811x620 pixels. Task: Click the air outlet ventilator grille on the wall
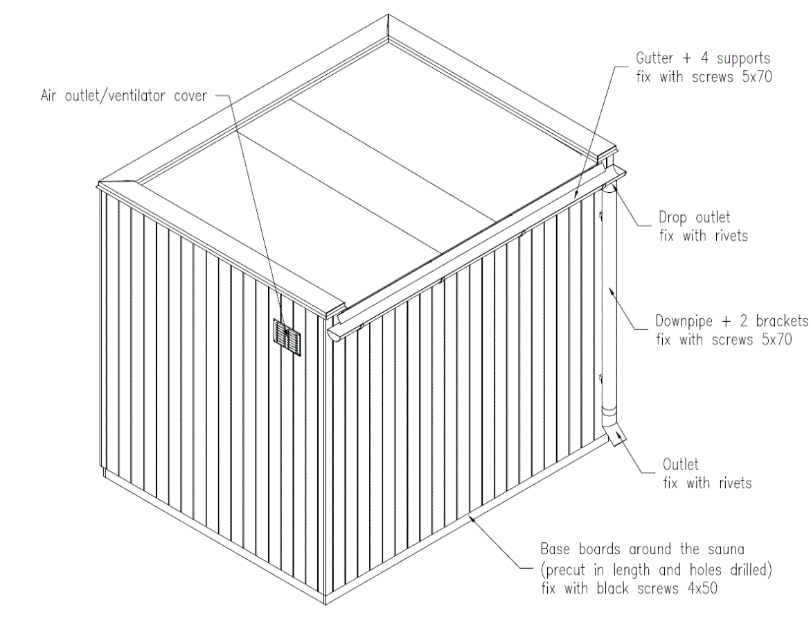[287, 337]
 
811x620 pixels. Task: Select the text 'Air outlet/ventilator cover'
[123, 96]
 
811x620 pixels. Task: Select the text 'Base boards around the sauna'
[642, 551]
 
